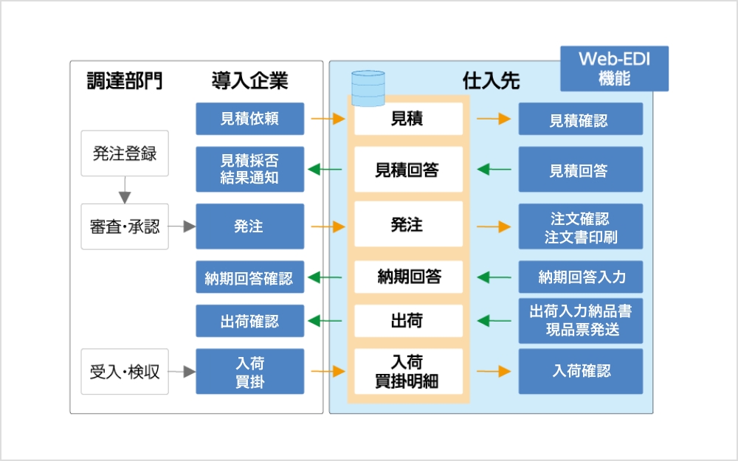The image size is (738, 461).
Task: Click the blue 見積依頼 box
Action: (249, 119)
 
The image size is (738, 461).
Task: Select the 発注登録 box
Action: (125, 153)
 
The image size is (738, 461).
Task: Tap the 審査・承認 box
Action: (125, 226)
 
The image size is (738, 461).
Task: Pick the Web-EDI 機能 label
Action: (614, 69)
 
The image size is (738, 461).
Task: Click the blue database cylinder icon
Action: (368, 89)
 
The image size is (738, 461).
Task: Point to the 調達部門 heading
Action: (124, 80)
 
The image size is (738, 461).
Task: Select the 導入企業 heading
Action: (249, 80)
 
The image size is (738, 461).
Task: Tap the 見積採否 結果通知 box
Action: (249, 170)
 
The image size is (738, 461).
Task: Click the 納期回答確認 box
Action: (249, 278)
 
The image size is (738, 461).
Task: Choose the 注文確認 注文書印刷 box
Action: (580, 226)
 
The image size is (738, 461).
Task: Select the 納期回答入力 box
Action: (580, 277)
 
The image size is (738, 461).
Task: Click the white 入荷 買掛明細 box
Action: (407, 372)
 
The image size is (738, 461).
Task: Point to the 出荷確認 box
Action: (249, 322)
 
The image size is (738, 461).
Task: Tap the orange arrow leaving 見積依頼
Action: (328, 119)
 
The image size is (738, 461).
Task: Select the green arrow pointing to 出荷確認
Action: (325, 322)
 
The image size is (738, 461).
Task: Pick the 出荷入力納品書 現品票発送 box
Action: (580, 321)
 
